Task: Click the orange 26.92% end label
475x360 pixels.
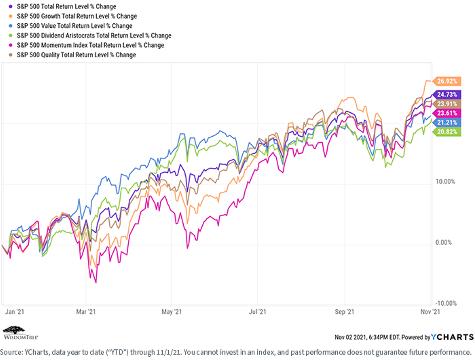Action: [x=446, y=81]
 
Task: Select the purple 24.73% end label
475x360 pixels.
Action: [x=446, y=94]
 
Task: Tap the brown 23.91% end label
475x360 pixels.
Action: [x=446, y=104]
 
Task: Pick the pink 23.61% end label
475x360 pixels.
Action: [x=446, y=113]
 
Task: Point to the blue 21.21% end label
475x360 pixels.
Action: [x=446, y=122]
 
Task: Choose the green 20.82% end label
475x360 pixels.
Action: [x=446, y=131]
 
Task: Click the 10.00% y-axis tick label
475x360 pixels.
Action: [x=445, y=181]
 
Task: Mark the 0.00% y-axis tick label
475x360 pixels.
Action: [x=443, y=242]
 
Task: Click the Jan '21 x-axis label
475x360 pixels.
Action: [x=15, y=312]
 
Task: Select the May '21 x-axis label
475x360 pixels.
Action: [x=172, y=312]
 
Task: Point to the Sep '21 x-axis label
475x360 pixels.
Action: [x=344, y=312]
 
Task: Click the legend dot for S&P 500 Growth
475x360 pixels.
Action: [x=11, y=16]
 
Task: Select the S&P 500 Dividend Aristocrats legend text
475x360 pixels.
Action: [x=94, y=36]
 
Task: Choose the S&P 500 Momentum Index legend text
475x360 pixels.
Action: [x=91, y=45]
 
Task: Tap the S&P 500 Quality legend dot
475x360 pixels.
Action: [x=11, y=55]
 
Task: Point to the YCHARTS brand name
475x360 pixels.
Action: [x=452, y=337]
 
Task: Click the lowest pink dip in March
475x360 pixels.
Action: [x=96, y=282]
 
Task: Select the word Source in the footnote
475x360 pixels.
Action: [x=11, y=352]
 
